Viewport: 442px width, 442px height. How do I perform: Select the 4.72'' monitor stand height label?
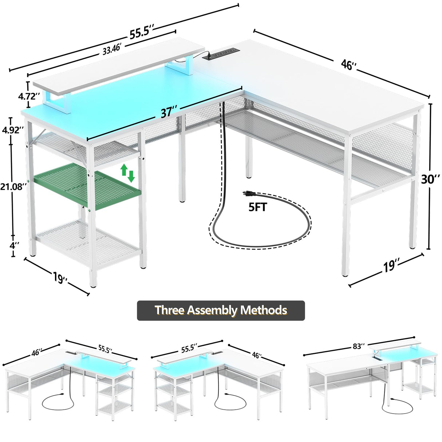(x=29, y=96)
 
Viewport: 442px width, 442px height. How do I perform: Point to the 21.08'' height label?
(x=14, y=187)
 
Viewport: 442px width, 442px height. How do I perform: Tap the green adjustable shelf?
(x=87, y=186)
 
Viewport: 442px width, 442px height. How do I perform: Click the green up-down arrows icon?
(x=127, y=173)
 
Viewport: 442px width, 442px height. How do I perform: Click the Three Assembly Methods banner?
(x=221, y=310)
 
